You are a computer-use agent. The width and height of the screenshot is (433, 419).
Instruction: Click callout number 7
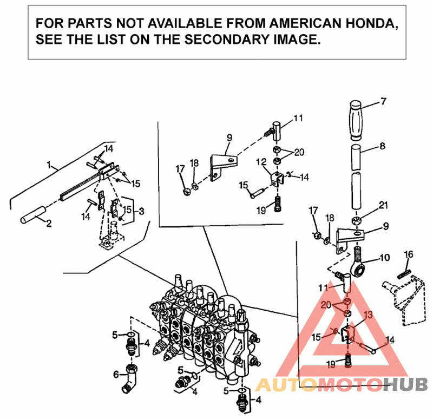(x=383, y=101)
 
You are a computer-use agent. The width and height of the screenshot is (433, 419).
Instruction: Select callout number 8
(x=383, y=146)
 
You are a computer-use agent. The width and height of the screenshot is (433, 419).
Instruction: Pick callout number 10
(x=384, y=258)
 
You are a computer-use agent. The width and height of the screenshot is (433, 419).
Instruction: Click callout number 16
(x=409, y=254)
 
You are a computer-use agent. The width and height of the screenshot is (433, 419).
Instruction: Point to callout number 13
(x=368, y=315)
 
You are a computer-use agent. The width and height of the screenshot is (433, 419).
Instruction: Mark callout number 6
(x=115, y=374)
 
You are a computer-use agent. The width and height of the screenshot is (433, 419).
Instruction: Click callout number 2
(x=49, y=222)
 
